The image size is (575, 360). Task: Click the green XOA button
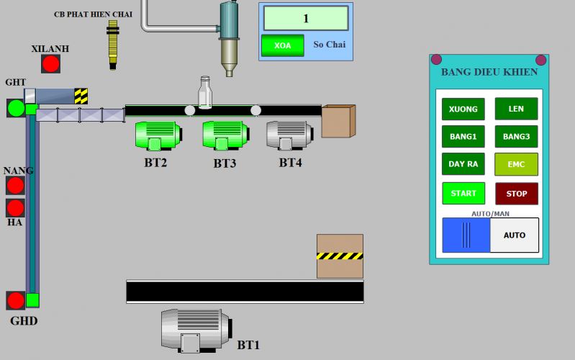click(283, 45)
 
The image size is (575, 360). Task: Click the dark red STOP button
click(516, 194)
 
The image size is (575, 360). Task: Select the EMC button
click(516, 164)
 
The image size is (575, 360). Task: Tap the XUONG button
click(463, 109)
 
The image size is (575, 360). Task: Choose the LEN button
click(516, 109)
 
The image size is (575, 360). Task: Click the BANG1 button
click(463, 136)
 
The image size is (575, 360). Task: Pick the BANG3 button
click(516, 136)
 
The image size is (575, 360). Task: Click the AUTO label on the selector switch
click(515, 235)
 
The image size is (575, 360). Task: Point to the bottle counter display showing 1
click(306, 18)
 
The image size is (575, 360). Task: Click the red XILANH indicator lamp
click(50, 64)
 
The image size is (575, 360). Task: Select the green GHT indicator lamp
click(16, 109)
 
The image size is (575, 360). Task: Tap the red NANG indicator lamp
click(16, 186)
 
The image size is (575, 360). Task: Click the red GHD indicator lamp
click(16, 300)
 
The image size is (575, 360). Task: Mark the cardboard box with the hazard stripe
click(340, 256)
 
